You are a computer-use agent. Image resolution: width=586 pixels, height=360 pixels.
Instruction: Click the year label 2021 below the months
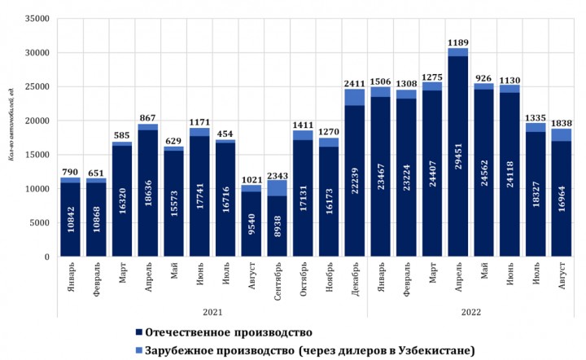(x=212, y=311)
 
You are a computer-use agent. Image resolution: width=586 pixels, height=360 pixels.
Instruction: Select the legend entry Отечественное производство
(x=225, y=332)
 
